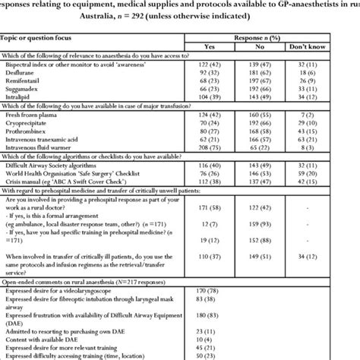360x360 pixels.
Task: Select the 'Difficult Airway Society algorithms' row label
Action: pos(57,185)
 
